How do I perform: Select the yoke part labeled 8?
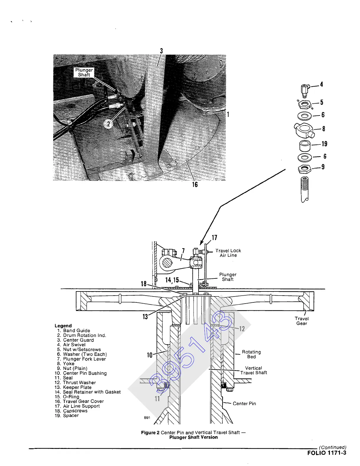[304, 130]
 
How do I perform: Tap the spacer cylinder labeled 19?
[305, 146]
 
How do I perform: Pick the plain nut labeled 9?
[304, 169]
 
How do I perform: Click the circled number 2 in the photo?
[108, 124]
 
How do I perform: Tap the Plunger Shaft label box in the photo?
[84, 72]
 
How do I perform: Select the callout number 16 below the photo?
[195, 185]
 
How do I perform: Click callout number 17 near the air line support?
[214, 238]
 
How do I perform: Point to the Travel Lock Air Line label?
[228, 253]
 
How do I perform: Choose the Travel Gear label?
[302, 321]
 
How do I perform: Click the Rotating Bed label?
[251, 354]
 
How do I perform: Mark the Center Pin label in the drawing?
[244, 404]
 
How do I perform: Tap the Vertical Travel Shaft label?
[253, 371]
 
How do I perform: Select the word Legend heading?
[63, 326]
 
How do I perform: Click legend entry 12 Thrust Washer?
[76, 382]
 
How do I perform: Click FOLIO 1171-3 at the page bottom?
[327, 453]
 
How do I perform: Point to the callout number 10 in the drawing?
[150, 355]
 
